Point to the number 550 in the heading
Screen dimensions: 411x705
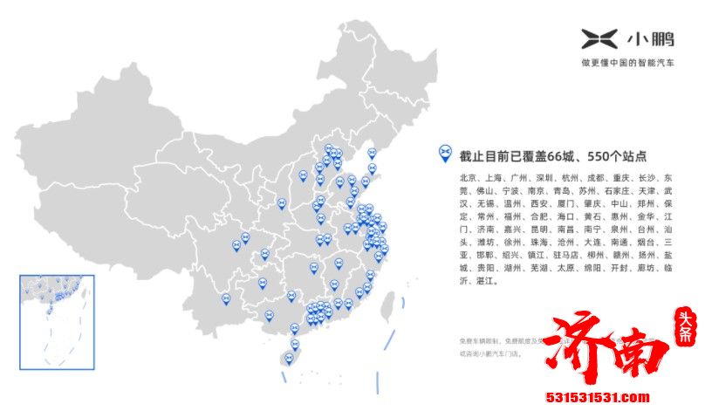599,157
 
